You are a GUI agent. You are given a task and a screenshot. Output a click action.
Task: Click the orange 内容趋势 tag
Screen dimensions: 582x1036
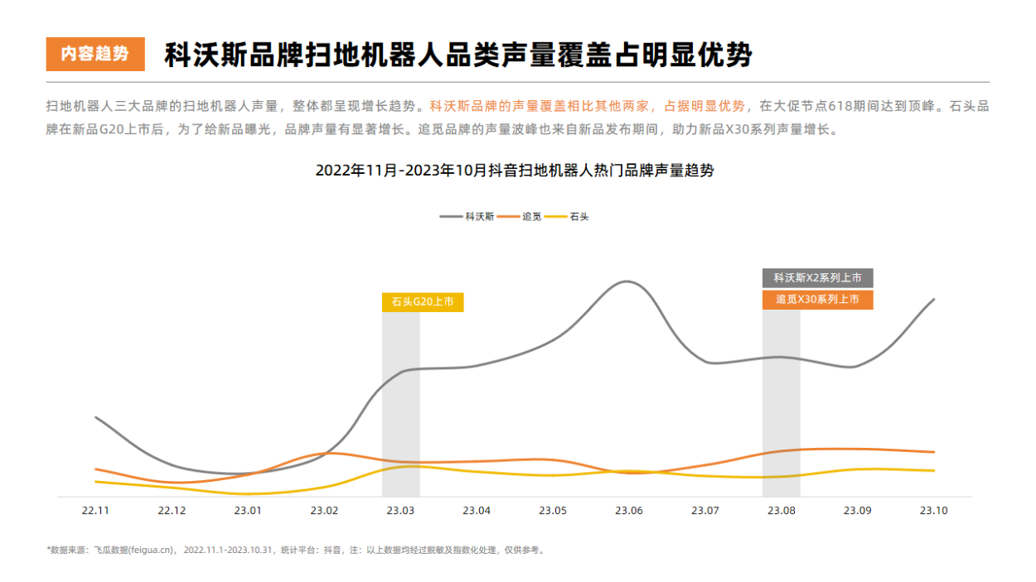coord(95,54)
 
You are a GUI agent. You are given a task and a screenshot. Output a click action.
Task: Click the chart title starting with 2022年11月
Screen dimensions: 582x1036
coord(514,171)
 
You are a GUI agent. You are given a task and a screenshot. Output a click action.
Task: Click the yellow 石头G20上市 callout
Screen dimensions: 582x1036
coord(423,302)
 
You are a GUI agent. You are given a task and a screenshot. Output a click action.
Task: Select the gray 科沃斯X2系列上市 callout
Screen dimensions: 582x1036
coord(817,278)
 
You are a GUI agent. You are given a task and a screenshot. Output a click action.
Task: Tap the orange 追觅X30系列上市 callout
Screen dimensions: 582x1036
coord(817,300)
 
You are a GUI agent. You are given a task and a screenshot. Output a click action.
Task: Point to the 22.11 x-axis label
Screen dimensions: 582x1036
coord(96,511)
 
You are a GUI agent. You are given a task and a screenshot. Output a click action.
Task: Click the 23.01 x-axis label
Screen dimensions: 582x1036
coord(248,511)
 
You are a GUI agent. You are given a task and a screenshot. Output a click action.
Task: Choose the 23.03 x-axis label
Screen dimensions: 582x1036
coord(400,511)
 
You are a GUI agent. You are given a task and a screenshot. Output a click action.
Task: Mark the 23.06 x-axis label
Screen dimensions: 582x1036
coord(629,511)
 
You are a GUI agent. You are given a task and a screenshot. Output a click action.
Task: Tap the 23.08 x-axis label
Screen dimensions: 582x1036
coord(782,511)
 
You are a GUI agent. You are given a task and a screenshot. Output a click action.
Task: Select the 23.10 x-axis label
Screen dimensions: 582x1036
coord(934,511)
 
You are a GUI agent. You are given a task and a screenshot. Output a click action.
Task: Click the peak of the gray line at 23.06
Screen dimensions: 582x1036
coord(627,281)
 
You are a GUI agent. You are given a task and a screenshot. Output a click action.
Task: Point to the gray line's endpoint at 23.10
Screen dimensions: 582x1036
coord(934,299)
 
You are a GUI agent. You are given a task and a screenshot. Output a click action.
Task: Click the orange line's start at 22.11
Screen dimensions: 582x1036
coord(96,469)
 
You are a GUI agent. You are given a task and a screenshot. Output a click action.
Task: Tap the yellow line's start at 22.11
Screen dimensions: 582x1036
coord(96,481)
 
